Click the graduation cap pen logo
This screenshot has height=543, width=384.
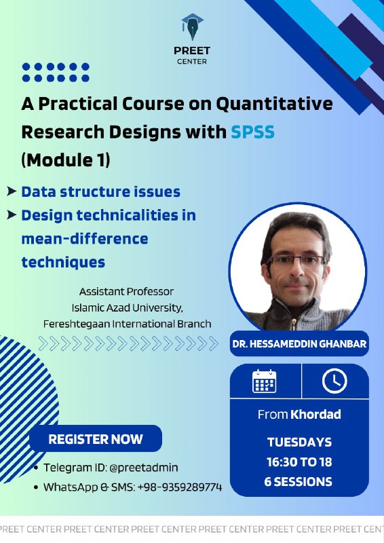pos(192,26)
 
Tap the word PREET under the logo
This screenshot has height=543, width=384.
pos(192,51)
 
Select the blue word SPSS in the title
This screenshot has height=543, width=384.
pos(253,132)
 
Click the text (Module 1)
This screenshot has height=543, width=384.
pos(66,160)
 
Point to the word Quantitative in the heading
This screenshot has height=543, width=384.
pos(275,104)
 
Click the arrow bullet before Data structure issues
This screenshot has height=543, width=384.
pos(12,191)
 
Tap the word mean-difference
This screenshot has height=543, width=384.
pos(85,239)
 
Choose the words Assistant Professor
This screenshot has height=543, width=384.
pos(126,292)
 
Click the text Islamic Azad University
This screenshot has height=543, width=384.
pos(127,307)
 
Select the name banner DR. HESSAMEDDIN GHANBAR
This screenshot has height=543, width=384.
pos(299,344)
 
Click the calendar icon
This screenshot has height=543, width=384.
pos(264,381)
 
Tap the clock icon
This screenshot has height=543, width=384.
pos(334,381)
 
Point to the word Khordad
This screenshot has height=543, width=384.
pos(315,414)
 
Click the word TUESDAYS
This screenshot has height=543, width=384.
pos(299,443)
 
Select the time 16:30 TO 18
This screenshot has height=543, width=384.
pos(299,462)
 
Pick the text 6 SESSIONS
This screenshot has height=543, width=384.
pos(299,482)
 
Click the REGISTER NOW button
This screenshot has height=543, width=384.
pos(96,438)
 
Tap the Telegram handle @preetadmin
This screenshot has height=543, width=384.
pos(144,468)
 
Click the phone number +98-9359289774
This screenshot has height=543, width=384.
pos(180,487)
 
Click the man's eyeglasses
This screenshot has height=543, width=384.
pos(296,261)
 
